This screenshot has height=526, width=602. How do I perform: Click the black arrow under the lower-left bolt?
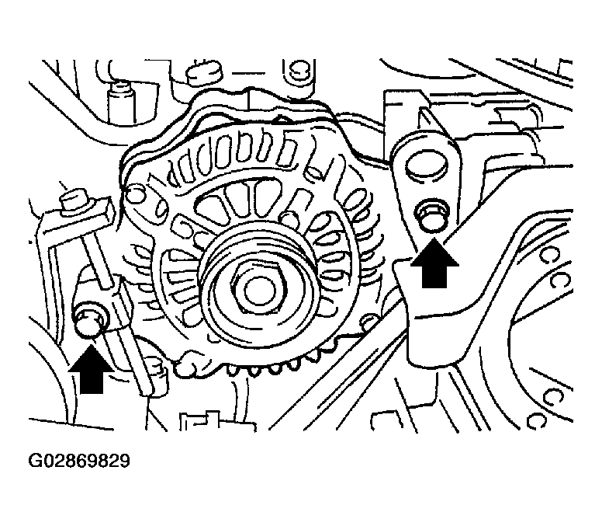[92, 369]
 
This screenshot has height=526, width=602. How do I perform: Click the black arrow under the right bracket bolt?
[434, 263]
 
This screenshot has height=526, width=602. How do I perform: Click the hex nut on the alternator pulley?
[258, 289]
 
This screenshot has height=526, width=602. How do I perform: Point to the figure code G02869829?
[79, 461]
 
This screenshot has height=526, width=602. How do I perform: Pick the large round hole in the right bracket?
[426, 162]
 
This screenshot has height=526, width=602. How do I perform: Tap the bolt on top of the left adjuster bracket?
[74, 200]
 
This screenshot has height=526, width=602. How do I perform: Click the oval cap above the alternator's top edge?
[205, 73]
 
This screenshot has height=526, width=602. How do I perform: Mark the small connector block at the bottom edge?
[217, 422]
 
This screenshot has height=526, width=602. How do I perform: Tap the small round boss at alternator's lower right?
[370, 322]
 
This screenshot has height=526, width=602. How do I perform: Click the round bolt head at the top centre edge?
[298, 70]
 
